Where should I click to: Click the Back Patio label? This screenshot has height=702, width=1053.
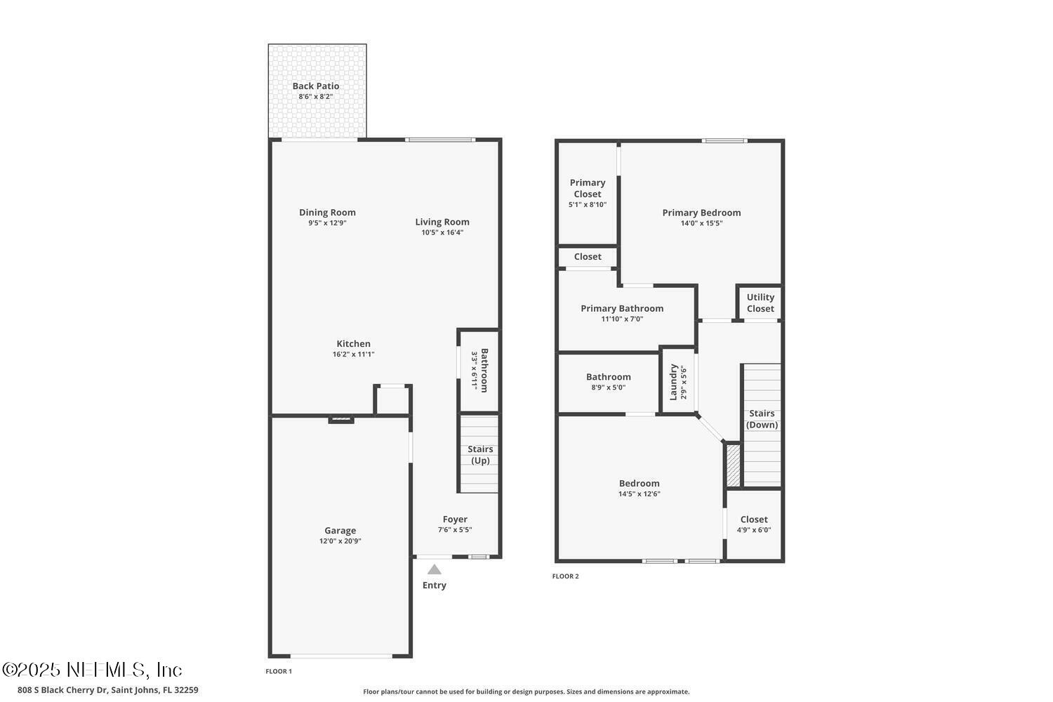[316, 86]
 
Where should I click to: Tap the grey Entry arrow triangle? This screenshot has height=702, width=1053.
[435, 569]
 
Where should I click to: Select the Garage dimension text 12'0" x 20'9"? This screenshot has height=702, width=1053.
[340, 541]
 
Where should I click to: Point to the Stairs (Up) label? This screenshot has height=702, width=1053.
[480, 455]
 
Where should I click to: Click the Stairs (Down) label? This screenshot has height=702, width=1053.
[762, 419]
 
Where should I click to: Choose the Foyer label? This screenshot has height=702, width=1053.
[455, 519]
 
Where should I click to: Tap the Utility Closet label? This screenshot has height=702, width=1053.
[760, 303]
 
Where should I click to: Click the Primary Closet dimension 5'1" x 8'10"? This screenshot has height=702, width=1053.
[588, 205]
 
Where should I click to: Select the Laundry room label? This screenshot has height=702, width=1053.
[673, 382]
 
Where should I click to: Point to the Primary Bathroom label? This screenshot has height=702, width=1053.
[622, 308]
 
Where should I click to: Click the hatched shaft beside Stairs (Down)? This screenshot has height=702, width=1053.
[733, 465]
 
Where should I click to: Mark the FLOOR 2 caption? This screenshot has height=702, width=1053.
[565, 576]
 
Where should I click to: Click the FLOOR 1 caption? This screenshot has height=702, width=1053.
[279, 671]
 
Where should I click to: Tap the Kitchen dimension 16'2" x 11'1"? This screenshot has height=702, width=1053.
[354, 355]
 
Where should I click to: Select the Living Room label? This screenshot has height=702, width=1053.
[442, 222]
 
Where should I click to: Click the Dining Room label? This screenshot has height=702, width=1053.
[327, 213]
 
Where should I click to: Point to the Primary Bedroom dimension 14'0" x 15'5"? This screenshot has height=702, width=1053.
[701, 223]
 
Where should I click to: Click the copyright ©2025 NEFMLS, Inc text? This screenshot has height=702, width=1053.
[92, 669]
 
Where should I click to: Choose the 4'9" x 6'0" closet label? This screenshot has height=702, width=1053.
[754, 530]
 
